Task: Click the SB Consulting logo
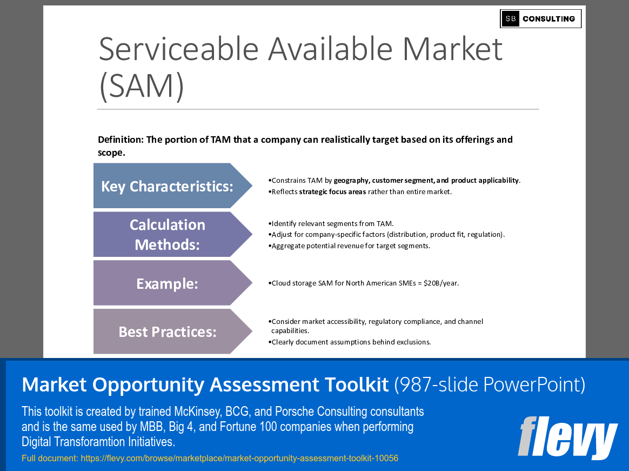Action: coord(540,19)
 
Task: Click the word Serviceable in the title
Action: coord(178,49)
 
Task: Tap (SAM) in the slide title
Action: coord(142,86)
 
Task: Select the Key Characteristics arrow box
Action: coord(173,186)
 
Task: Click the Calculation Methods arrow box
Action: coord(173,235)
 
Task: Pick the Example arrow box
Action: coord(173,283)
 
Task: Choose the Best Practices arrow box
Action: coord(173,331)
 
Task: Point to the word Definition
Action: coord(121,140)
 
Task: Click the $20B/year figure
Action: coord(441,283)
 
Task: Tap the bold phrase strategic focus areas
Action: coord(332,192)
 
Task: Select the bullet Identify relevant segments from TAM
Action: coord(331,224)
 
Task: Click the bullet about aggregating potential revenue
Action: coord(349,246)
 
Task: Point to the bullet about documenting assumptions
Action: coord(350,342)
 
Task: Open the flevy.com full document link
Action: coord(239,458)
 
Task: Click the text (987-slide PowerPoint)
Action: coord(490,384)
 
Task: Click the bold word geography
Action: coord(351,181)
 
